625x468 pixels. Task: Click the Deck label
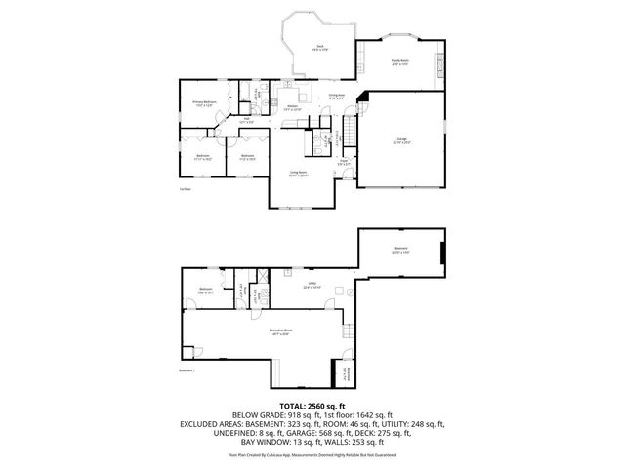pos(318,46)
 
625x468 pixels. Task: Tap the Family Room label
pos(400,62)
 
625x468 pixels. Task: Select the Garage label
pos(402,141)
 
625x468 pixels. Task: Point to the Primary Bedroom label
pos(204,103)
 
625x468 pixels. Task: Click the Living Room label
pos(298,175)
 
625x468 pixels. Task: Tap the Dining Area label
pos(336,97)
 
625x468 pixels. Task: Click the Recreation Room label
pos(281,333)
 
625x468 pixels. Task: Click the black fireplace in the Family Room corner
pos(363,97)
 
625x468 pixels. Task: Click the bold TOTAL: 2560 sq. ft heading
pos(312,405)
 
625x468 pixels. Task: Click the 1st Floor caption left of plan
pos(185,188)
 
